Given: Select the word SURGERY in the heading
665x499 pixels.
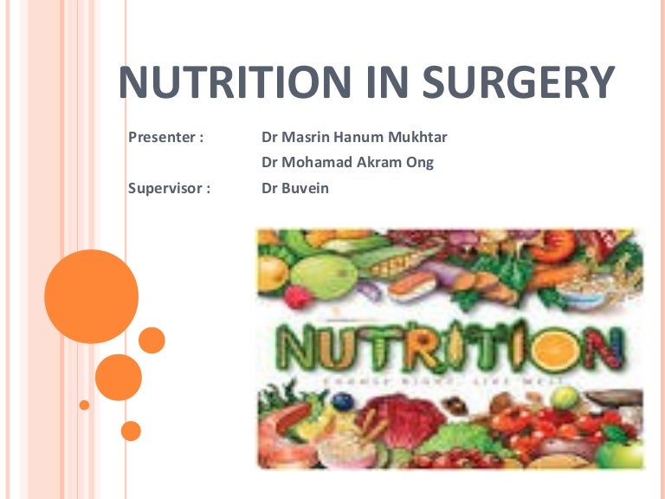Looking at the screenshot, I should (518, 83).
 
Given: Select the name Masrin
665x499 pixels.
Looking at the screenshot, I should (308, 137).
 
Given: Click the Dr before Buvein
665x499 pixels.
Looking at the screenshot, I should (270, 188).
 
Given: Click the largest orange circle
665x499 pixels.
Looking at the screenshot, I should (91, 296).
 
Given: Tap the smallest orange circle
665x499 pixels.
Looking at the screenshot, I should (84, 405).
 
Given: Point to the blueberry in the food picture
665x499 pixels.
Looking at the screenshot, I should (345, 401).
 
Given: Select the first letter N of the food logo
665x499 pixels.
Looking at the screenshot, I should (300, 350).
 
